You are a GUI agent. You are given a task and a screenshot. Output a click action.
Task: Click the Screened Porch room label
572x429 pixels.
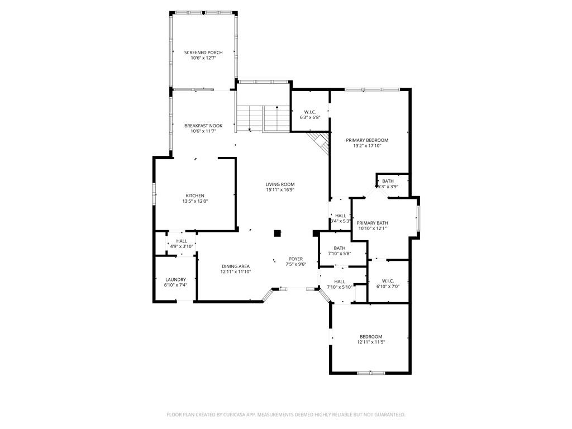click(203, 53)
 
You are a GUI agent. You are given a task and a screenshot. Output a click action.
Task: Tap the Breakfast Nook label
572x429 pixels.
click(203, 126)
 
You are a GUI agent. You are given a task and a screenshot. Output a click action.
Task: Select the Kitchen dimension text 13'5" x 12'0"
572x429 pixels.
click(195, 201)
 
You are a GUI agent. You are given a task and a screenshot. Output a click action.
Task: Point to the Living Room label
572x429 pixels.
click(280, 184)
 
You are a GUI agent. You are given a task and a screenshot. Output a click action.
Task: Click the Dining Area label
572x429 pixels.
click(236, 266)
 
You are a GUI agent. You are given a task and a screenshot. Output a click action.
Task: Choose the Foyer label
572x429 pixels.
click(296, 259)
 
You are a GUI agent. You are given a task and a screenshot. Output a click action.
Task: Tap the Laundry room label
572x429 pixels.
click(175, 280)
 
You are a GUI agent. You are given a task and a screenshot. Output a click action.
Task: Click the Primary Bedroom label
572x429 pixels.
click(367, 140)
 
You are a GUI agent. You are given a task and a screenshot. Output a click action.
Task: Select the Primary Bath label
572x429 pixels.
click(372, 223)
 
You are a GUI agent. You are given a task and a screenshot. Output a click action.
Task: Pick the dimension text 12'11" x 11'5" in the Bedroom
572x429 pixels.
click(371, 342)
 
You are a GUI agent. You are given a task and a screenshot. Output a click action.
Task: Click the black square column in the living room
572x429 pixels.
click(278, 233)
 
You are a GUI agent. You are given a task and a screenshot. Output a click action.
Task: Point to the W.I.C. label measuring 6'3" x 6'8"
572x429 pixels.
click(310, 112)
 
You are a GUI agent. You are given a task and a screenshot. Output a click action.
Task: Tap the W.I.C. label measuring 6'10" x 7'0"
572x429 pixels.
click(388, 281)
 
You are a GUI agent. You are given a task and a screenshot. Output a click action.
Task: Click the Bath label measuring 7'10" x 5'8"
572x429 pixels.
click(339, 248)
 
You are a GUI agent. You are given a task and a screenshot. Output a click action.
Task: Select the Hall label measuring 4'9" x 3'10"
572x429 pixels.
click(182, 241)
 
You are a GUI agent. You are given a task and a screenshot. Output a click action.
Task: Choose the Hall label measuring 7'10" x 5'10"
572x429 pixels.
click(340, 282)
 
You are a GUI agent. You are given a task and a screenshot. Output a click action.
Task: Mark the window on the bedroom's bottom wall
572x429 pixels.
click(371, 373)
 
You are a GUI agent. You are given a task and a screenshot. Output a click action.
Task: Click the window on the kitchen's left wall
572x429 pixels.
click(154, 194)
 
